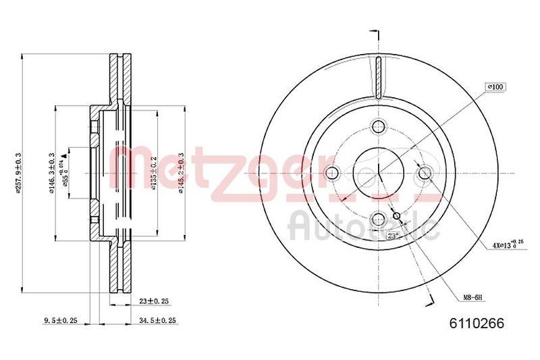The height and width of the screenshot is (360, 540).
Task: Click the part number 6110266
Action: point(481,323)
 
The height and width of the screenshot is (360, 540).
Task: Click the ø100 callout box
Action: point(495,87)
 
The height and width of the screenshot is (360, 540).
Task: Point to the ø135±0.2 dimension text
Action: point(154,173)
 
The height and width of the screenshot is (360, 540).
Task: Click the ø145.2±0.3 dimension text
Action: point(180,173)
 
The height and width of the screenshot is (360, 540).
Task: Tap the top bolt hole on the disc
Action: point(378,126)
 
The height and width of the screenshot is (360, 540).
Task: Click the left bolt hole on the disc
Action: point(331,173)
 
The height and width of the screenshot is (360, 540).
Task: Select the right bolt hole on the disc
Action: point(425,173)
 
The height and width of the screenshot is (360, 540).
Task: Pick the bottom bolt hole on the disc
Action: point(378,219)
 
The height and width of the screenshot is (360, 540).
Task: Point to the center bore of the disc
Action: point(378,173)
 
